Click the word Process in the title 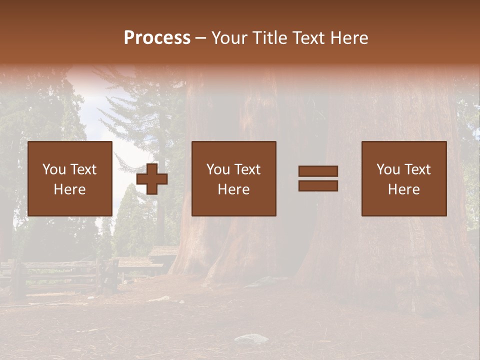(157, 38)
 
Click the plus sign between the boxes (152, 179)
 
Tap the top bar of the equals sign (318, 171)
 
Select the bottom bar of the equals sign (318, 185)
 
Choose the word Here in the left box (69, 189)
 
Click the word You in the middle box (217, 169)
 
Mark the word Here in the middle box (233, 189)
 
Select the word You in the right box (387, 169)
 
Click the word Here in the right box (403, 189)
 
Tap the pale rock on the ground (251, 339)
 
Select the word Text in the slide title (308, 38)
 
